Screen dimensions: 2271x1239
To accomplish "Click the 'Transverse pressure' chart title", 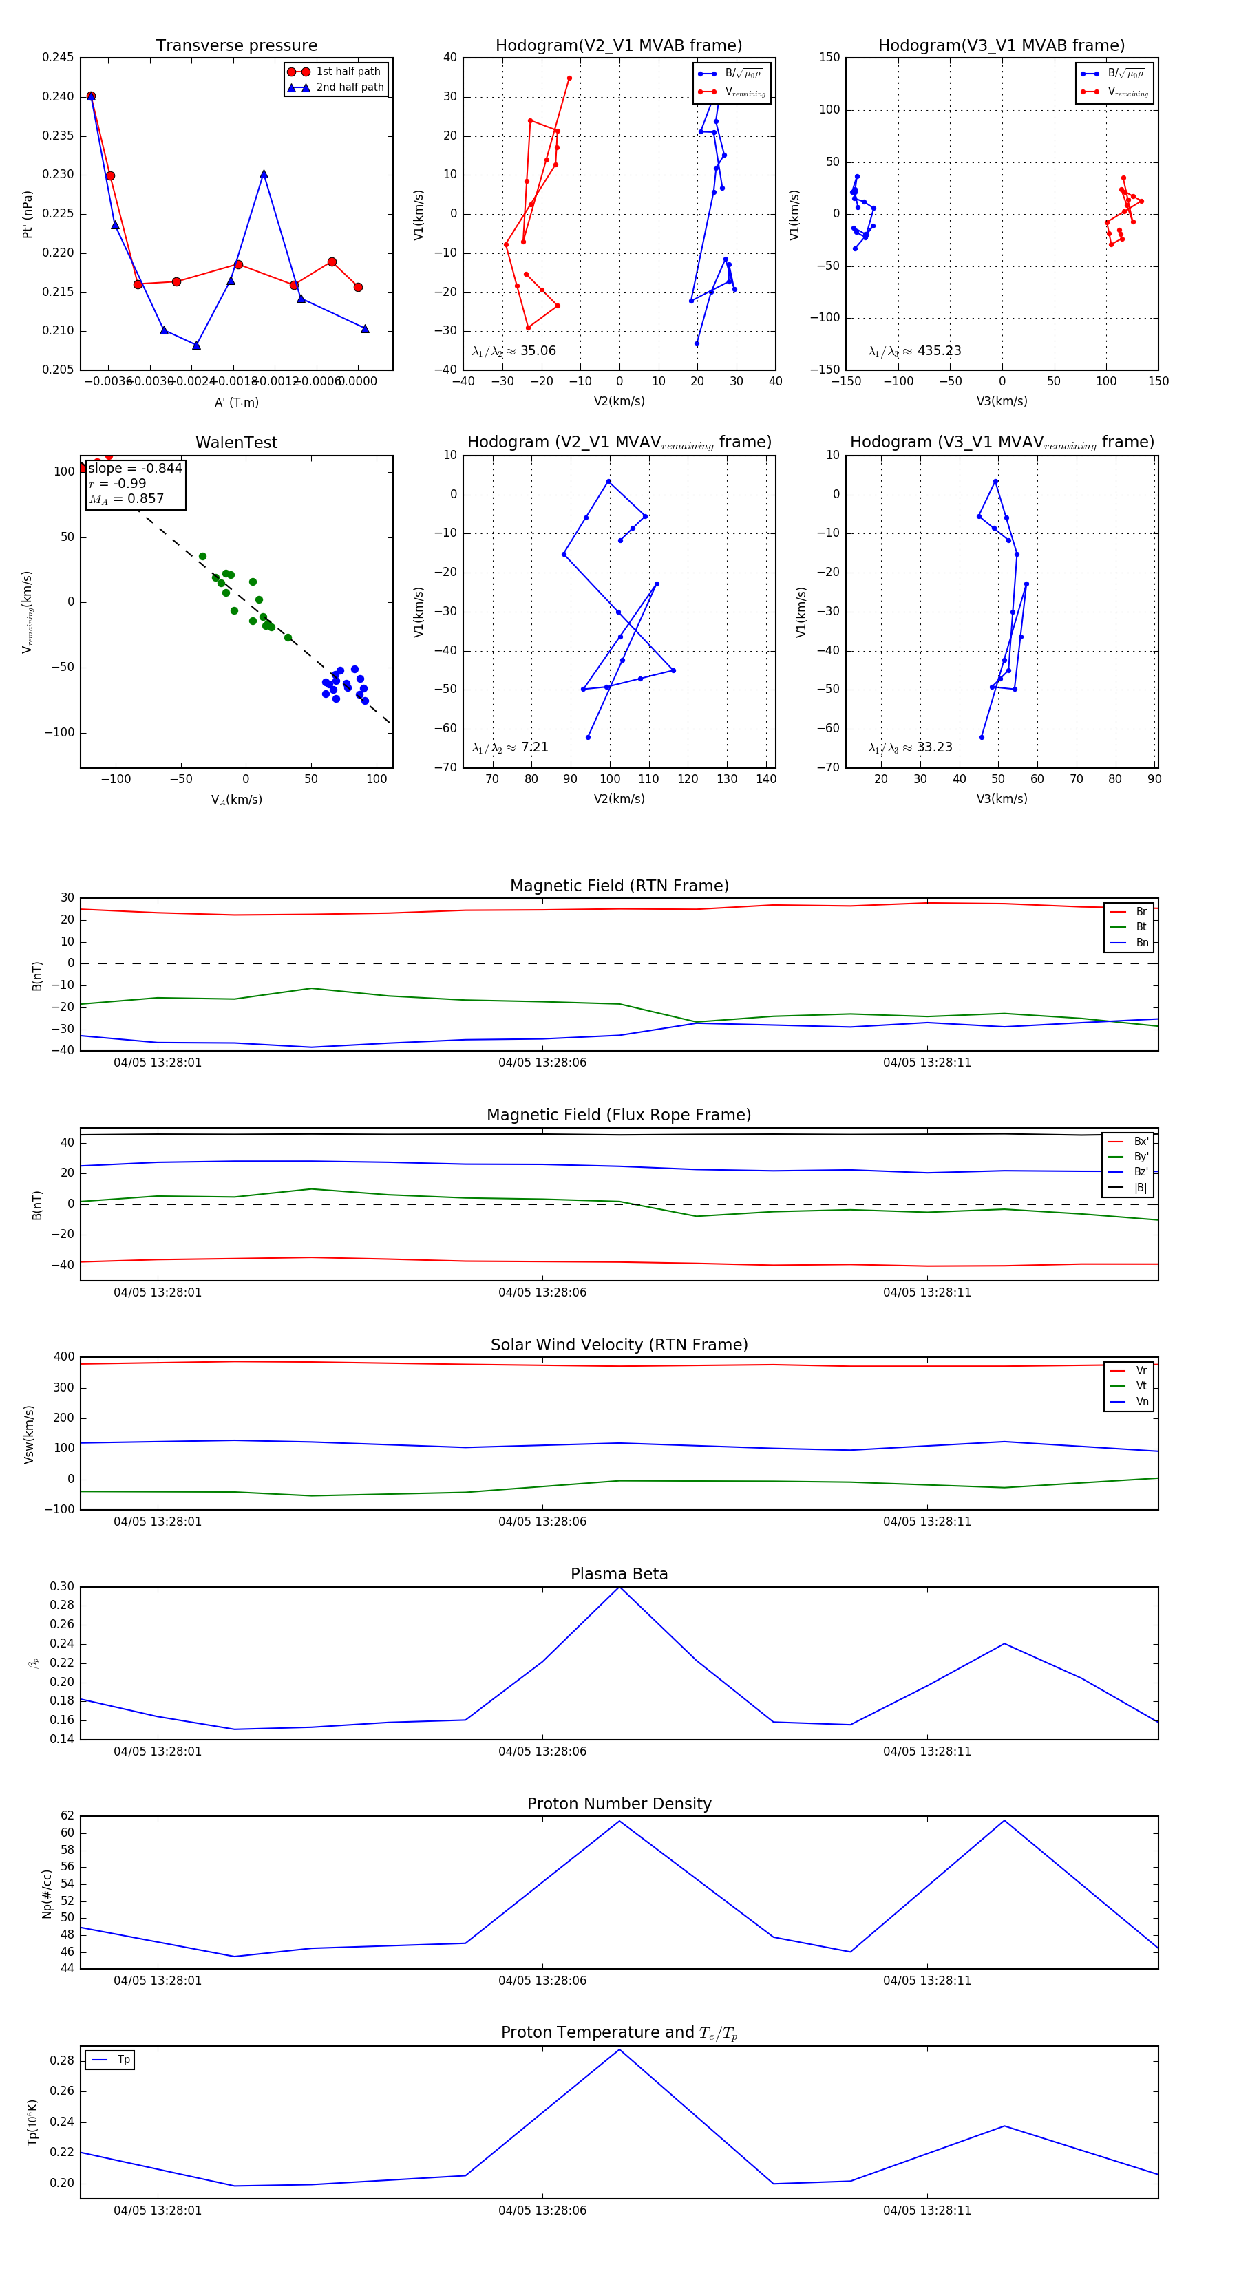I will (x=236, y=46).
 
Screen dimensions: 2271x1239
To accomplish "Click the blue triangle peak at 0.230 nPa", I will (x=264, y=175).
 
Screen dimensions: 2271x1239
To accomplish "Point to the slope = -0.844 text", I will (x=135, y=468).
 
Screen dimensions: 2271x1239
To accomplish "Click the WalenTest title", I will (x=236, y=443).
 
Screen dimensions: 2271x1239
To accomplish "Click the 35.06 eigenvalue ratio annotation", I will (x=514, y=351).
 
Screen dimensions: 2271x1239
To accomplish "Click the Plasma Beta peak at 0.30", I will (x=619, y=1587).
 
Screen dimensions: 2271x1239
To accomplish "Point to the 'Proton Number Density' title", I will (x=619, y=1804).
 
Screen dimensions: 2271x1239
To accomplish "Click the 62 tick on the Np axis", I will (x=67, y=1816).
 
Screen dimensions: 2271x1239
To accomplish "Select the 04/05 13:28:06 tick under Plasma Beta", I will (x=542, y=1751).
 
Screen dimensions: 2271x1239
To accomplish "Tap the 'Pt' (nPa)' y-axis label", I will (x=28, y=214).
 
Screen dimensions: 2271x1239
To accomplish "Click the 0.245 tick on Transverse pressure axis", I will (x=59, y=57).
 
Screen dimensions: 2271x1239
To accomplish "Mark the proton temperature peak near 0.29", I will (x=619, y=2049).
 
